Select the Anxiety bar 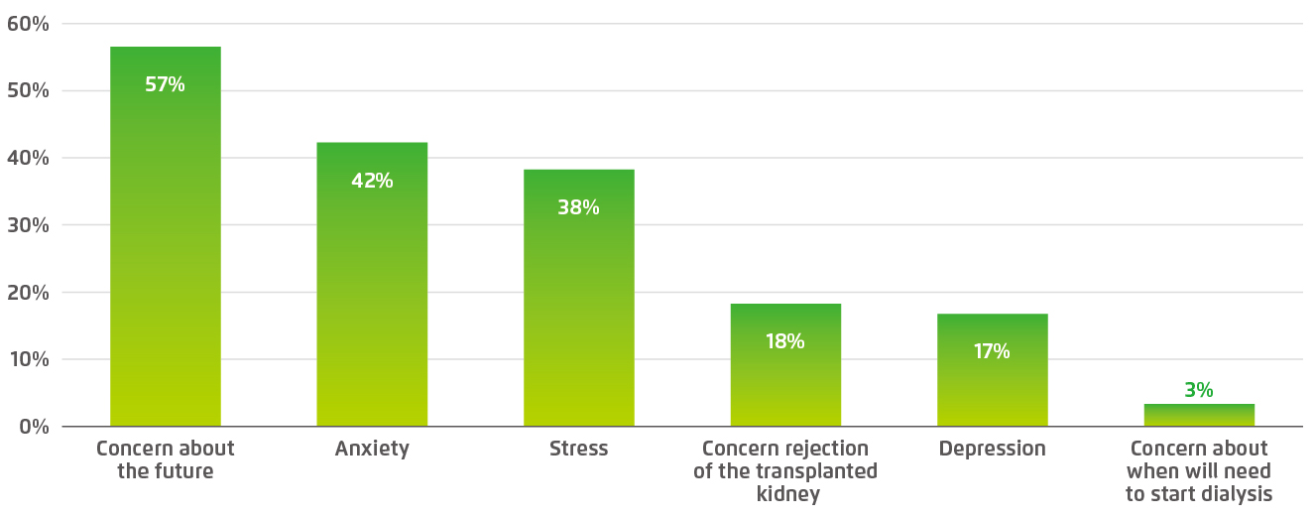372,298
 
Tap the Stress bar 578,308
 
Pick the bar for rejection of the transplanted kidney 785,382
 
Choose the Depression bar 992,387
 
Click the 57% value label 165,84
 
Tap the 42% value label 372,181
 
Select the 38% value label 578,207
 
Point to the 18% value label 785,341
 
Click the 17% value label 992,351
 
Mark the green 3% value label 1199,390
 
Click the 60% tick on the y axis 28,23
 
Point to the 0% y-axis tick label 34,427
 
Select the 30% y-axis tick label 28,224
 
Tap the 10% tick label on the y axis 28,359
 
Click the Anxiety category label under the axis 372,449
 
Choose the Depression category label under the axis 992,449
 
